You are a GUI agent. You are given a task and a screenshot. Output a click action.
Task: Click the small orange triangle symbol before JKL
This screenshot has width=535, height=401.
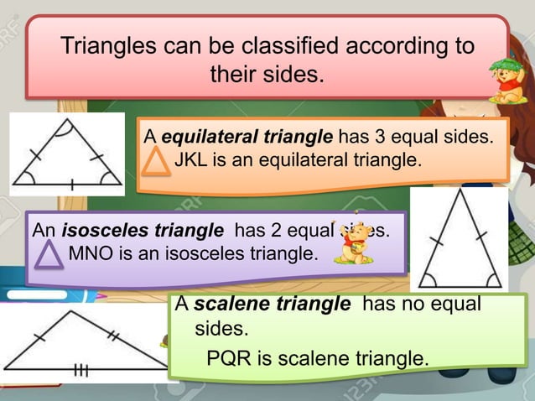click(156, 160)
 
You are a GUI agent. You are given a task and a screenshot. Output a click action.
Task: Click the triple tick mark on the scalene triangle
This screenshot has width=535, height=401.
click(81, 370)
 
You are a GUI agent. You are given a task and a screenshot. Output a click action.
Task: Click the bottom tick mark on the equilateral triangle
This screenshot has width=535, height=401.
click(71, 185)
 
